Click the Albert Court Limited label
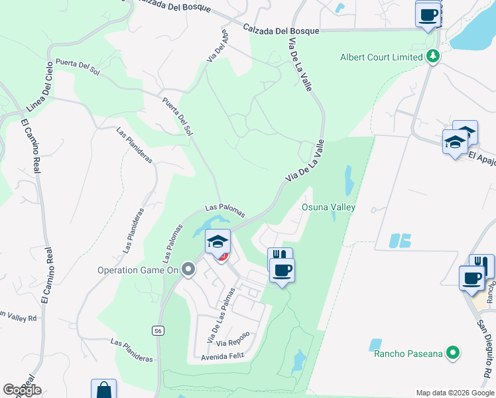coord(381,57)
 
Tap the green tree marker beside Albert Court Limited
coord(433,56)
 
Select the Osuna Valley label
coord(329,208)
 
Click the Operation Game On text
coord(139,270)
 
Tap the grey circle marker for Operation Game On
coord(188,270)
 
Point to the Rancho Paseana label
coord(408,354)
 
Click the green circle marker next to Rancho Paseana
coord(454,353)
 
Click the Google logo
coord(22,390)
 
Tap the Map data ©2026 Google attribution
coord(454,392)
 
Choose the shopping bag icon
coord(103,390)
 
